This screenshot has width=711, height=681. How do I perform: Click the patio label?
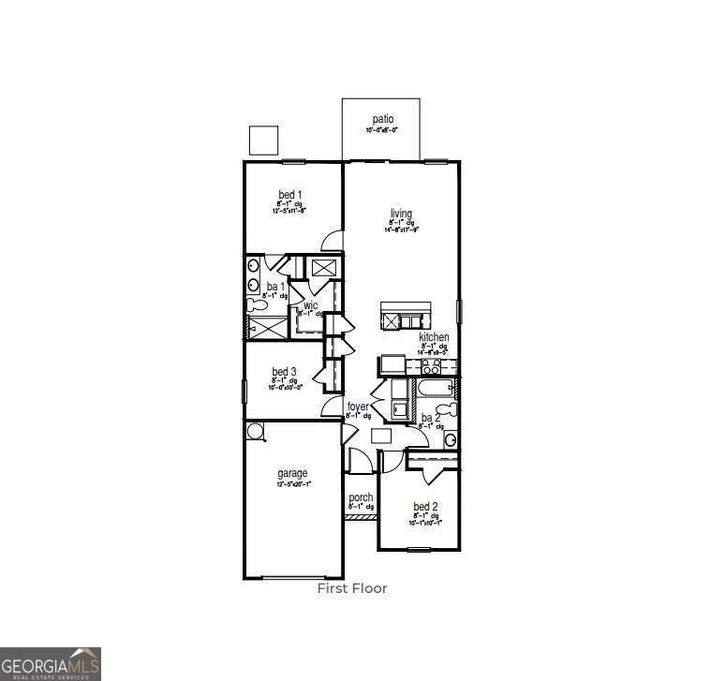pyautogui.click(x=382, y=119)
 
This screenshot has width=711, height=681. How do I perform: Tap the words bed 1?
pyautogui.click(x=289, y=195)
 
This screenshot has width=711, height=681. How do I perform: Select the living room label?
pyautogui.click(x=401, y=214)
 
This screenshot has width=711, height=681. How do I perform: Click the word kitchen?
pyautogui.click(x=433, y=337)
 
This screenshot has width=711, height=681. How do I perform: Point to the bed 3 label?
pyautogui.click(x=285, y=372)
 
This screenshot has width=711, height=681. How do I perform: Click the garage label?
pyautogui.click(x=292, y=474)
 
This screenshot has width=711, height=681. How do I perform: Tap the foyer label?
pyautogui.click(x=358, y=407)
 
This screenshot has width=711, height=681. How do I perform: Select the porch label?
pyautogui.click(x=361, y=497)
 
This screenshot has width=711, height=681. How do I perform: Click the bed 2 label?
pyautogui.click(x=426, y=507)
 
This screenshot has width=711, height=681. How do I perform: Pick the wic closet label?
pyautogui.click(x=310, y=305)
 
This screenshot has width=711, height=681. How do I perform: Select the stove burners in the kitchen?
pyautogui.click(x=431, y=366)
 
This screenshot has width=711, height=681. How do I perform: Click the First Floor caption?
pyautogui.click(x=351, y=588)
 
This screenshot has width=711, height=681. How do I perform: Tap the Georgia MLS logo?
pyautogui.click(x=51, y=663)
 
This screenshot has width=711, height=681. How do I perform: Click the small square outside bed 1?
pyautogui.click(x=263, y=140)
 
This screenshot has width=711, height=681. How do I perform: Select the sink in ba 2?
pyautogui.click(x=450, y=438)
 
